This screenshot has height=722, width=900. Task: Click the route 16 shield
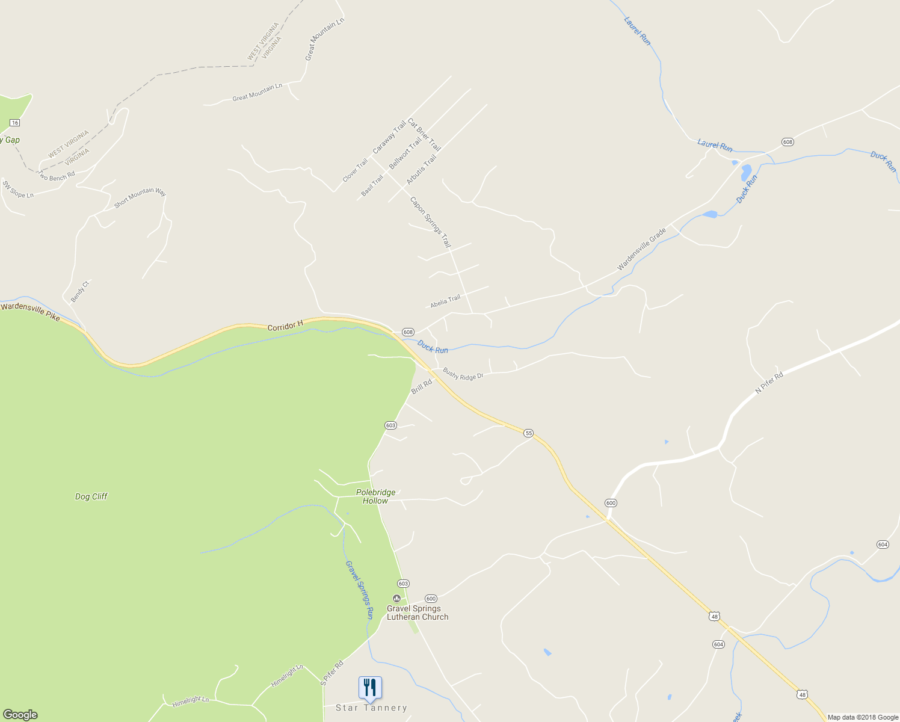pos(15,123)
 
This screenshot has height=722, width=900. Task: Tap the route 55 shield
pos(528,433)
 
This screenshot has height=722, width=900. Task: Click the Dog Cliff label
pos(91,496)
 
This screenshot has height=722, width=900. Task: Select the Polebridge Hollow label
pos(376,496)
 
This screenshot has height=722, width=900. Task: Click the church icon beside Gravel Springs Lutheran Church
pos(396,598)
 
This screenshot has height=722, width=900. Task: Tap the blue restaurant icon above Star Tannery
pos(370,688)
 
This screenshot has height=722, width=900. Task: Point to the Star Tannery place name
pos(371,708)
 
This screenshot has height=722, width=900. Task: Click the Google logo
pos(20,715)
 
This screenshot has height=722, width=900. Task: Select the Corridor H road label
pos(285,326)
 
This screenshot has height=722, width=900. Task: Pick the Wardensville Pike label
pos(31,312)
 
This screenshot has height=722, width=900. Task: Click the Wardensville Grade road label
pos(642,248)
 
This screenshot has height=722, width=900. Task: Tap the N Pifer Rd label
pos(769,383)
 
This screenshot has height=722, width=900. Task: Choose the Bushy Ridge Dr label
pos(463,374)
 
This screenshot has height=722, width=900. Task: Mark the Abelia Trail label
pos(445,301)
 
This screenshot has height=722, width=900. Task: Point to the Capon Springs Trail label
pos(430,222)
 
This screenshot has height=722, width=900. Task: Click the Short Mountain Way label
pos(140,197)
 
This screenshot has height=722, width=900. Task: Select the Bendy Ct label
pos(79,292)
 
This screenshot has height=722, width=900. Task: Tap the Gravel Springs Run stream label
pos(360,590)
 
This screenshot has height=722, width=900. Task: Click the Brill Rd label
pos(422,387)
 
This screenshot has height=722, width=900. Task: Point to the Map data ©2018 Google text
pos(863,717)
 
